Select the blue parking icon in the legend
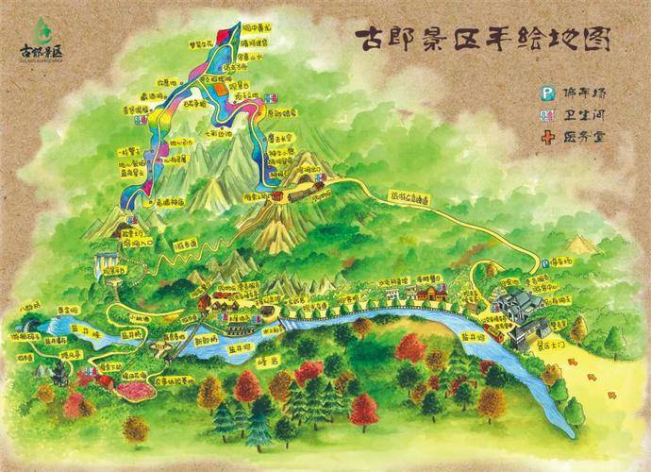point(544,93)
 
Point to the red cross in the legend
point(544,137)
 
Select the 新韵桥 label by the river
point(209,342)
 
